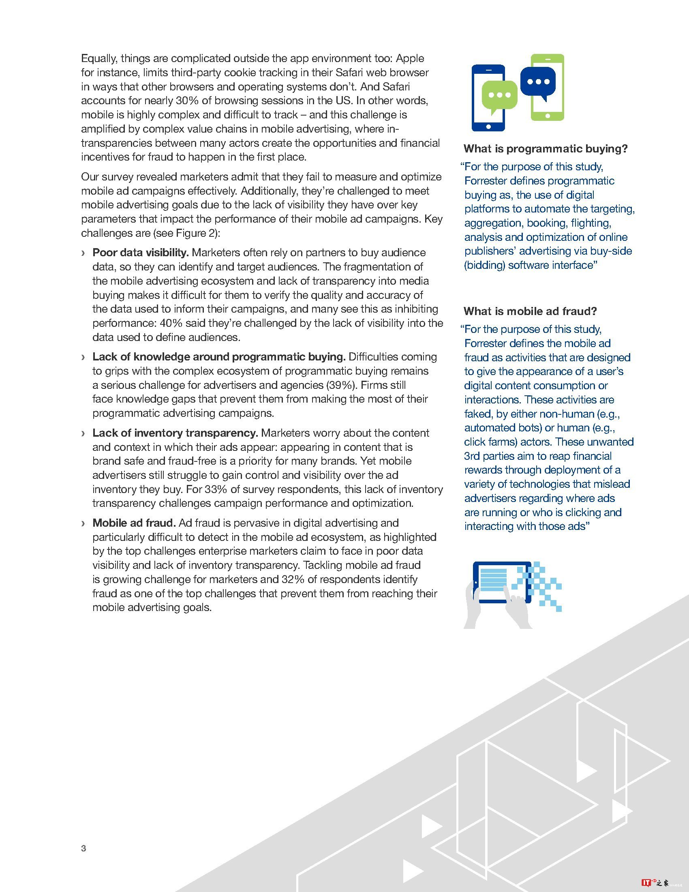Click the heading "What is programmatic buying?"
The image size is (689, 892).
(545, 149)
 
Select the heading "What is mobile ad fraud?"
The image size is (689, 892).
(530, 311)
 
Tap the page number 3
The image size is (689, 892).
(83, 848)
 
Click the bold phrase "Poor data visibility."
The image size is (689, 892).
(140, 253)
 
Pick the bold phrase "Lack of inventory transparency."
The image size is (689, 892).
(175, 433)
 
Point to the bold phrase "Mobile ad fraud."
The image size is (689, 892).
(134, 523)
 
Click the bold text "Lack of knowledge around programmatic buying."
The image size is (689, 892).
(219, 357)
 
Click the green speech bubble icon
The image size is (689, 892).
(499, 96)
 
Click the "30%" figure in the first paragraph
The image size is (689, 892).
(187, 101)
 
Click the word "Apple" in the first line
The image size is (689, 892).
(410, 58)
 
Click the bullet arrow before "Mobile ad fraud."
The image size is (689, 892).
(83, 523)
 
